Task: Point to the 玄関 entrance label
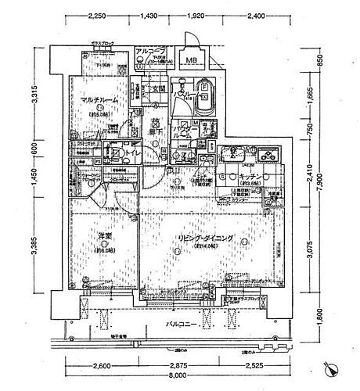pyautogui.click(x=157, y=88)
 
